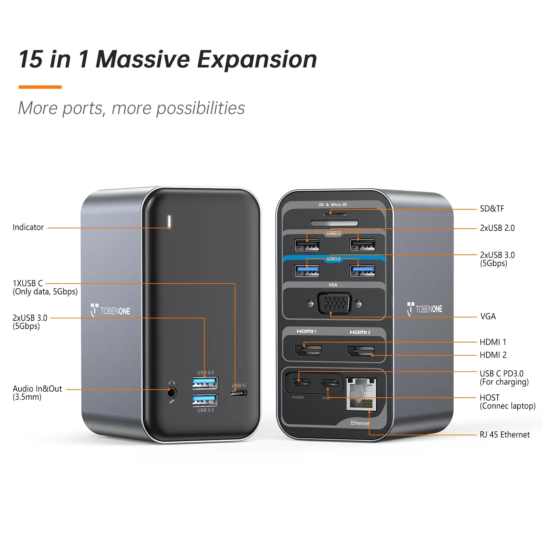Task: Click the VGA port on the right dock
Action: pyautogui.click(x=334, y=303)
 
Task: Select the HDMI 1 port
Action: pyautogui.click(x=308, y=350)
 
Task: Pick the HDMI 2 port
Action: pyautogui.click(x=361, y=351)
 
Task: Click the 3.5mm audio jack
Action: pyautogui.click(x=172, y=393)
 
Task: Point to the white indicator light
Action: pyautogui.click(x=169, y=222)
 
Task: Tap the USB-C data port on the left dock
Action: pyautogui.click(x=238, y=393)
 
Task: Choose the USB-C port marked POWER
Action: pyautogui.click(x=301, y=383)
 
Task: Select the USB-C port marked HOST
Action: pyautogui.click(x=329, y=383)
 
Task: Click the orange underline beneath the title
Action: pyautogui.click(x=40, y=87)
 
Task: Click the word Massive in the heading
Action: pyautogui.click(x=143, y=60)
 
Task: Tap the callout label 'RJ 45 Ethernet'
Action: pyautogui.click(x=504, y=435)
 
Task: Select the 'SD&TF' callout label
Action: pyautogui.click(x=492, y=209)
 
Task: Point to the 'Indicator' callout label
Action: pyautogui.click(x=28, y=227)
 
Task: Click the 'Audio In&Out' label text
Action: pyautogui.click(x=37, y=389)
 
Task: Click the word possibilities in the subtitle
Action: pyautogui.click(x=200, y=108)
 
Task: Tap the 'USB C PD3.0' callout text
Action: pyautogui.click(x=501, y=374)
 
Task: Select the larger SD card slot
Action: pyautogui.click(x=334, y=223)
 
